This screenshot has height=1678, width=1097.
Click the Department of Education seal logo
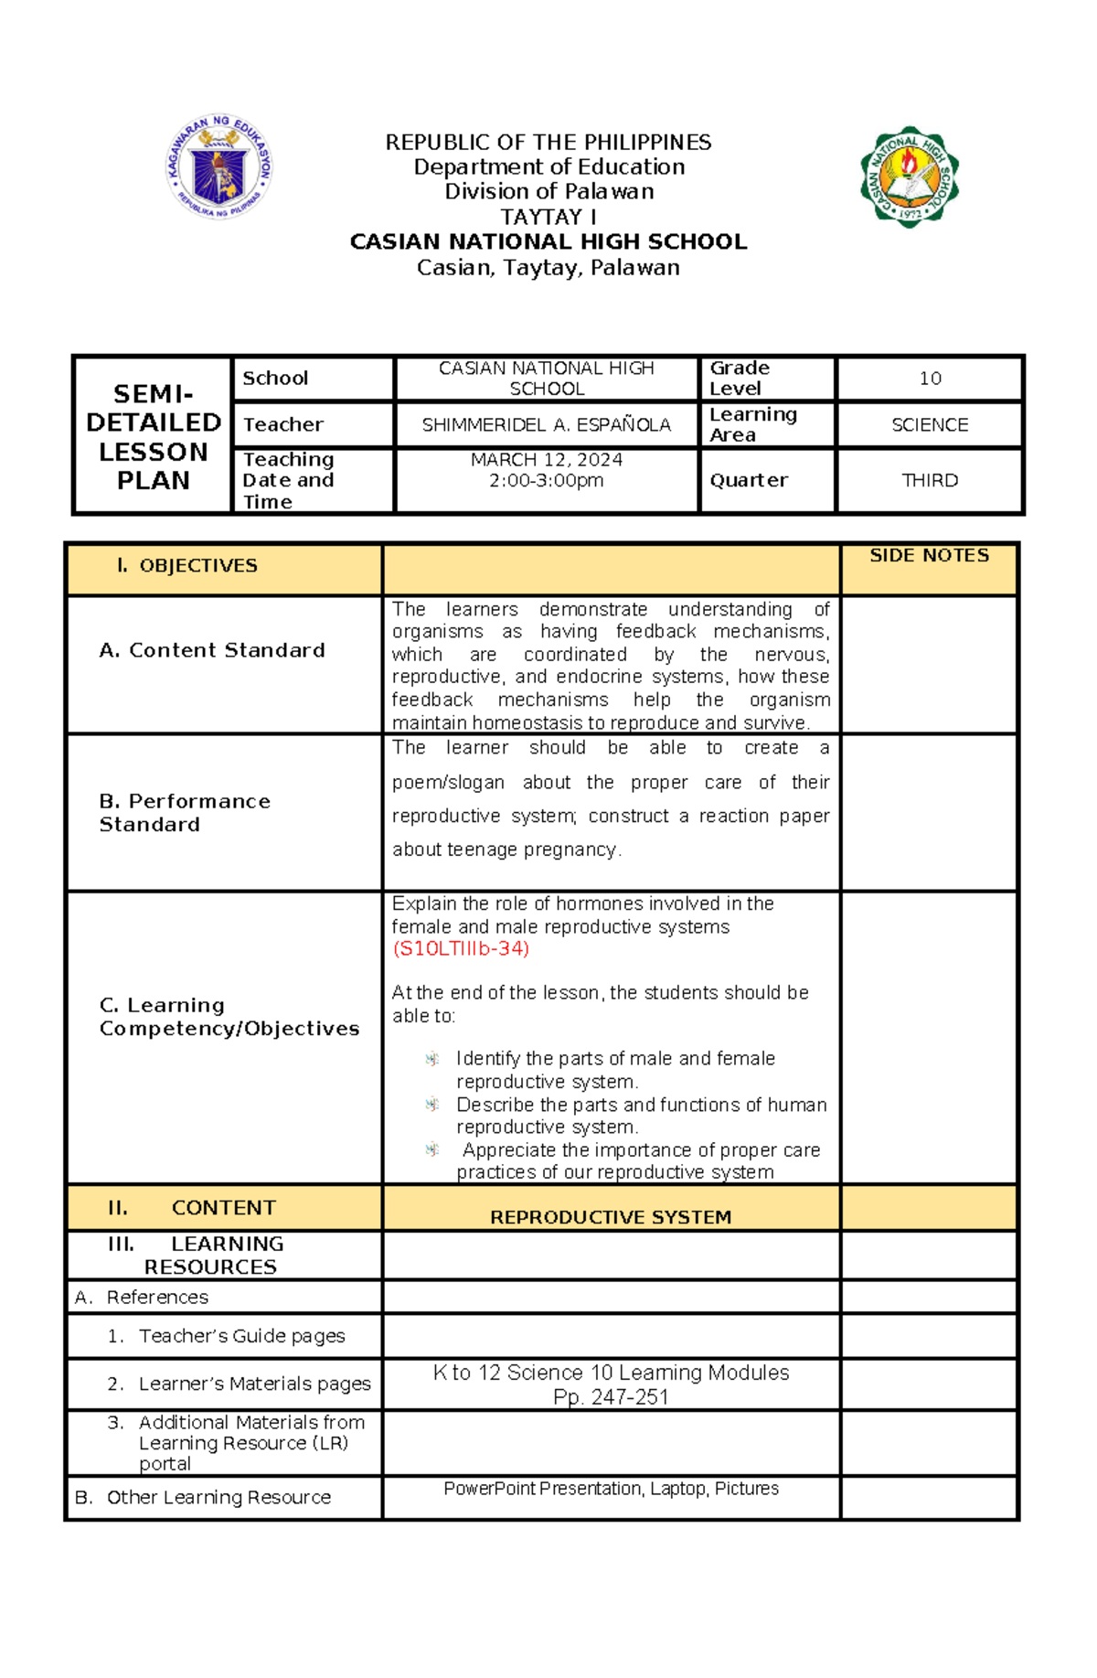(x=219, y=166)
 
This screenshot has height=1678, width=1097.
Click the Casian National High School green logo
(x=909, y=176)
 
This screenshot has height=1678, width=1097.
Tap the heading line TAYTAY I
(x=548, y=217)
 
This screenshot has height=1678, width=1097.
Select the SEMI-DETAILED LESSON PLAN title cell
(x=153, y=436)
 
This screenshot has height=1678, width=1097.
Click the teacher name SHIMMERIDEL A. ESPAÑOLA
(x=546, y=425)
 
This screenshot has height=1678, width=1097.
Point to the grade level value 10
(x=930, y=379)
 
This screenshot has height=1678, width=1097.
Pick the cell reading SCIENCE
(x=930, y=425)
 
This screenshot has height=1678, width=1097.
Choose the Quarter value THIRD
(x=930, y=481)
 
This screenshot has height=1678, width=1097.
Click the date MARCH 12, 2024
(x=546, y=460)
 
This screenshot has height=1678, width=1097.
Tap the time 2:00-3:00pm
(x=546, y=481)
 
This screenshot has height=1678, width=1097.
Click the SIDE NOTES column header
(x=929, y=556)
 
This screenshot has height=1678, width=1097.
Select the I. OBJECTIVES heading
(x=187, y=566)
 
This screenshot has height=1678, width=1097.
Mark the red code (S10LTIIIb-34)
(x=461, y=948)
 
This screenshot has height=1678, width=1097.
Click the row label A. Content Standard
(x=212, y=650)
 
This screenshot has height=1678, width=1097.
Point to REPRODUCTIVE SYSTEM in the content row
(x=611, y=1217)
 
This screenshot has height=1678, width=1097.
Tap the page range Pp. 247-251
(x=611, y=1397)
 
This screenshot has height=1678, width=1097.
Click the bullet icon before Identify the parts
(x=432, y=1059)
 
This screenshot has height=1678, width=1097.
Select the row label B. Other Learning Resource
(x=203, y=1497)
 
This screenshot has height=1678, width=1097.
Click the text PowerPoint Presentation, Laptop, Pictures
(x=611, y=1489)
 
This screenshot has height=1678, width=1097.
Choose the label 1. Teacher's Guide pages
(x=226, y=1336)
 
